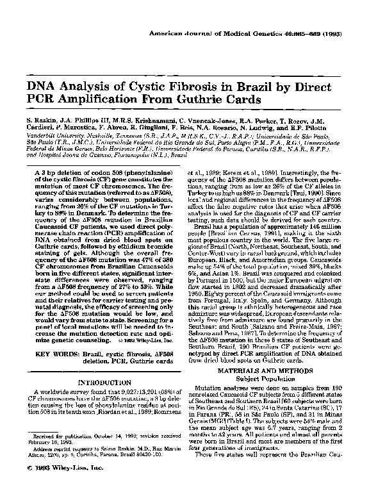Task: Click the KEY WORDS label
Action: coord(52,336)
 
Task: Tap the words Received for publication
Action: coord(61,420)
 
